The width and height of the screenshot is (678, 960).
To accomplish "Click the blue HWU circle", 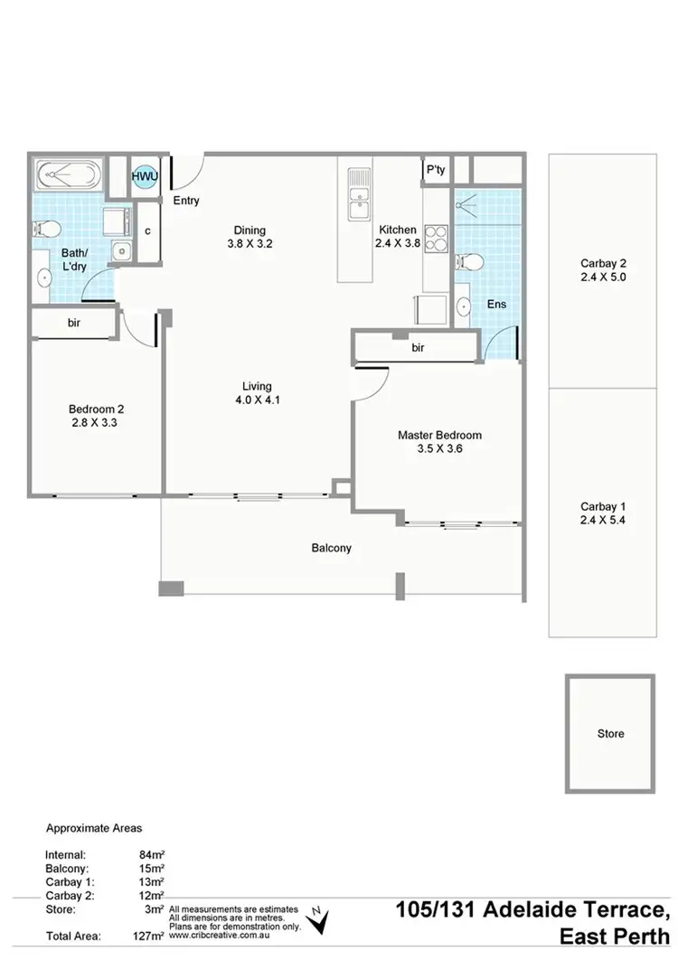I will click(x=145, y=177).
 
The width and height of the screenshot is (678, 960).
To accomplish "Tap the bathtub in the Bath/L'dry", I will click(x=67, y=175).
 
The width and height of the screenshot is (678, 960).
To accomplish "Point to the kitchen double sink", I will click(x=360, y=195).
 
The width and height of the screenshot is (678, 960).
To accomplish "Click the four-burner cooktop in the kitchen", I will click(x=437, y=237).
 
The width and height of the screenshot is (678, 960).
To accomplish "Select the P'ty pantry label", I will click(x=436, y=170).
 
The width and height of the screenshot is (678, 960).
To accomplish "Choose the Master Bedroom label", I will click(x=439, y=435).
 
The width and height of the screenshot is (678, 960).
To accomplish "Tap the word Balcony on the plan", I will click(x=331, y=548).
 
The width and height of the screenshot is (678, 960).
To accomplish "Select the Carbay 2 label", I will click(x=603, y=264).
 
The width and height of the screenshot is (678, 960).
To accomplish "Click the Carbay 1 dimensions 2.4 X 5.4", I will click(x=603, y=520).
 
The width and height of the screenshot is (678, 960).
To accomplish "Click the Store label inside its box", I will click(x=610, y=734).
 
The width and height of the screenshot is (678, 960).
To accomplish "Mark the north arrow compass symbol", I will click(x=316, y=920).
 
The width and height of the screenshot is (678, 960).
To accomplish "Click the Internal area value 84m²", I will click(x=151, y=854).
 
